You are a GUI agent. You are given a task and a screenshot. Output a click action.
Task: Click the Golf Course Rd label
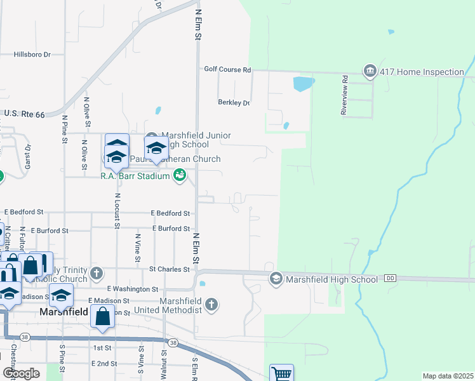pos(227,69)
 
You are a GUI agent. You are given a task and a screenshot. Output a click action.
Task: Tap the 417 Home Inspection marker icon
pos(370,72)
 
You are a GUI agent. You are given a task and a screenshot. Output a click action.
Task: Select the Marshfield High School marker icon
pos(276,279)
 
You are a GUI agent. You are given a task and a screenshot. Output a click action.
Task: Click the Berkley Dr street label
pos(234,103)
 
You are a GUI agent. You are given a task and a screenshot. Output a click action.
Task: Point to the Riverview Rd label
pos(344,95)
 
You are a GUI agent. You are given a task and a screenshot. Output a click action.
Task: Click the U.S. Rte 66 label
pos(25,114)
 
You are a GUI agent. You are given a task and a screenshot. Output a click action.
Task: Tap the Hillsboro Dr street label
pos(32,55)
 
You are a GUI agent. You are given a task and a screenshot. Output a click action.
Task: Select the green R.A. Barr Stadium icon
pos(180,173)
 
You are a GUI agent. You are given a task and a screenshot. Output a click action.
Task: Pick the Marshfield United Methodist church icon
pos(212,305)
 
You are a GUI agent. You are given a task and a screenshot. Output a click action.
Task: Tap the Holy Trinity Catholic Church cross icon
pos(97,274)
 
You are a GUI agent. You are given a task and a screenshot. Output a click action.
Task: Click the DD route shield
pos(390,279)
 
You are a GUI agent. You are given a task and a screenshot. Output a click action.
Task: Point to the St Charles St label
pos(170,269)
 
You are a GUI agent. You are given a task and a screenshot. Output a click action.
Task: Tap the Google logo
pos(21,373)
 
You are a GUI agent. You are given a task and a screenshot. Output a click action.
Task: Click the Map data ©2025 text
pos(448,376)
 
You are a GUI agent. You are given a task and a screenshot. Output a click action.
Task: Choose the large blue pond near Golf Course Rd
pos(303,83)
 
